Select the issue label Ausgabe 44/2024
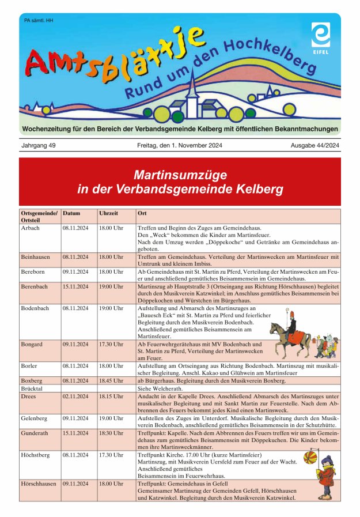pos(315,145)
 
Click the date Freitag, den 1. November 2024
pos(179,145)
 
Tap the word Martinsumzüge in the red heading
pos(180,174)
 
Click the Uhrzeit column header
pos(109,213)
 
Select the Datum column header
pos(71,213)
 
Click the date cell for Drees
pos(75,397)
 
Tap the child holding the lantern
pos(326,476)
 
